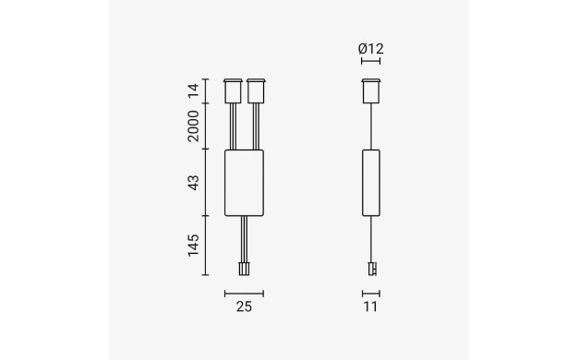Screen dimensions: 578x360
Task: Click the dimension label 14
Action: coord(193,90)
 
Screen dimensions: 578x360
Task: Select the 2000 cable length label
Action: coord(193,126)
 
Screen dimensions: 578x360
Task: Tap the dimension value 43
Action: coord(193,183)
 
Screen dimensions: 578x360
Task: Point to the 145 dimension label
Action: coord(193,245)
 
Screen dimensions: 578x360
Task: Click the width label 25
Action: coord(244,306)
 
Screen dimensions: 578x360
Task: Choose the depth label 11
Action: coord(370,306)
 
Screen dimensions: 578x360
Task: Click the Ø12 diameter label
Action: coord(371,49)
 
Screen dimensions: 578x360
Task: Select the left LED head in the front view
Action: coord(233,91)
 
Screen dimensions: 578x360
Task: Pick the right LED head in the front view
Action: coord(256,91)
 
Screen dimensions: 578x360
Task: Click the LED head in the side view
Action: coord(371,91)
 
